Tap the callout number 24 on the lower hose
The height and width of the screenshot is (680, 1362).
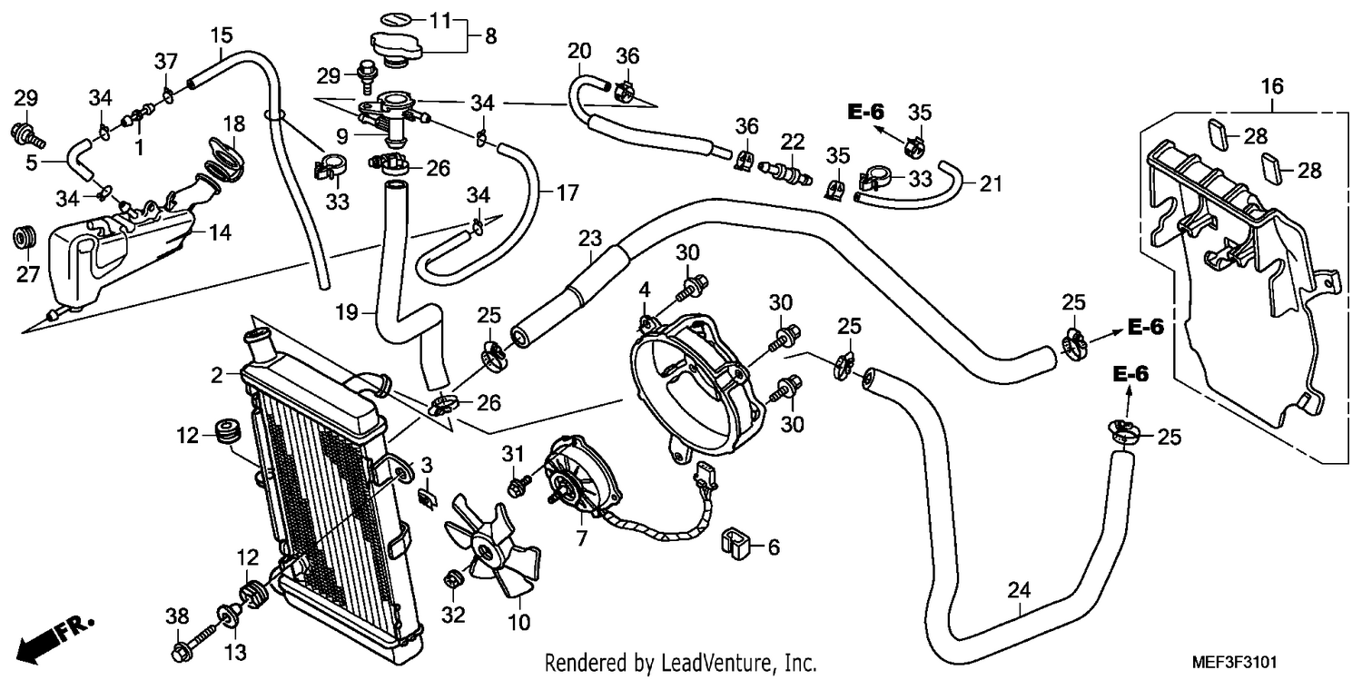click(1020, 590)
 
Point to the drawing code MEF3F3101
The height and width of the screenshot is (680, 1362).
click(1234, 662)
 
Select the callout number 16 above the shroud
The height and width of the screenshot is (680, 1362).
click(1272, 86)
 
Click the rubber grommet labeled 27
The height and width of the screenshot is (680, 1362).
click(25, 238)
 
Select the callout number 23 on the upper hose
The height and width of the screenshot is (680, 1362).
click(590, 238)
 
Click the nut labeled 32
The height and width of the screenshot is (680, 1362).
click(452, 580)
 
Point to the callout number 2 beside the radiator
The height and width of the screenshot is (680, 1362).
click(216, 376)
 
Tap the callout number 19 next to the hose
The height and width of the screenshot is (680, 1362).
click(347, 313)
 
